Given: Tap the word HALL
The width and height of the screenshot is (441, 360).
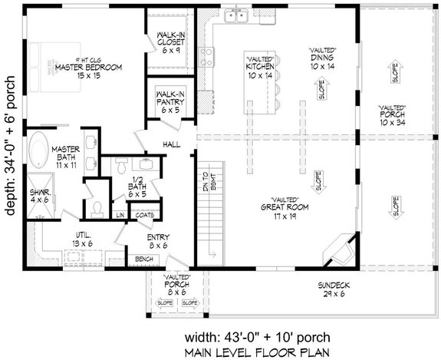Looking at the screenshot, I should [171, 144].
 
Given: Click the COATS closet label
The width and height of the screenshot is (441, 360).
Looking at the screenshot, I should [144, 215].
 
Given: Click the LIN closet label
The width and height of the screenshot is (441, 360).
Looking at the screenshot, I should [121, 215].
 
